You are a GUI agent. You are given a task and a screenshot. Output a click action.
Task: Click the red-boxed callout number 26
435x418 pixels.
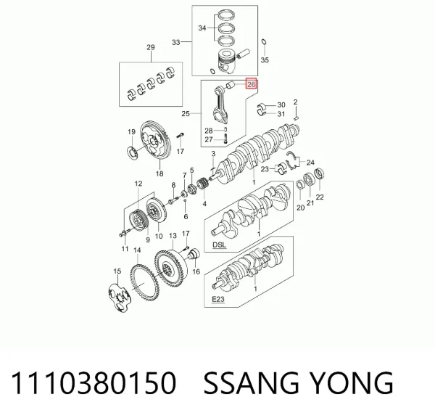click(x=251, y=84)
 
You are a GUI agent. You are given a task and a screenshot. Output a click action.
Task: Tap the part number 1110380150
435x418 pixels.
click(x=94, y=382)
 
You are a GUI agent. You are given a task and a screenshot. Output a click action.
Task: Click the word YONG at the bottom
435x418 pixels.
click(x=351, y=382)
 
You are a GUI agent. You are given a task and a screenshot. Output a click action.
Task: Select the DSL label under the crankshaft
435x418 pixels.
click(x=219, y=245)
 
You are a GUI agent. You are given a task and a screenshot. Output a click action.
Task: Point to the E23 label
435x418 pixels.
click(x=218, y=299)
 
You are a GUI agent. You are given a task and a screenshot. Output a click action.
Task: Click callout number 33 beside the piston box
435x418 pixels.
click(x=176, y=42)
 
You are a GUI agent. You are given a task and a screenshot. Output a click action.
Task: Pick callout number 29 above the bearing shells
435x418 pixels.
click(x=151, y=47)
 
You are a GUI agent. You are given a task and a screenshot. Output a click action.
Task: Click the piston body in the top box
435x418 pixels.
click(x=227, y=62)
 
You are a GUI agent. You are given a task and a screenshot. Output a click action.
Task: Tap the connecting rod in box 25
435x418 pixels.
click(x=222, y=104)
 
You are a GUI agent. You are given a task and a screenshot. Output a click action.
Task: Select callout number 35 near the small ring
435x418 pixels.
click(x=265, y=60)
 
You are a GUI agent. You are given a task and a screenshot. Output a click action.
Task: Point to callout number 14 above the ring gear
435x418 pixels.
click(x=137, y=250)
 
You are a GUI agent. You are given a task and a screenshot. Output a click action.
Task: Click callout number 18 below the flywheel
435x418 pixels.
click(x=159, y=174)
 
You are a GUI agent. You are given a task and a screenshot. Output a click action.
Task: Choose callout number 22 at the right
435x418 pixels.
click(x=320, y=197)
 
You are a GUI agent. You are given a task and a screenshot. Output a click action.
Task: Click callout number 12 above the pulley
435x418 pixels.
click(x=138, y=184)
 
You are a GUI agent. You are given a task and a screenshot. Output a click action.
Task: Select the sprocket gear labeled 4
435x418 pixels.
click(x=202, y=185)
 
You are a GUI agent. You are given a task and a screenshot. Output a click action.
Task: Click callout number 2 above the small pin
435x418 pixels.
click(x=296, y=102)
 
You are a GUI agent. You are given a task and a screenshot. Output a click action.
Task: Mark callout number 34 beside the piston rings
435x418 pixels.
click(x=202, y=28)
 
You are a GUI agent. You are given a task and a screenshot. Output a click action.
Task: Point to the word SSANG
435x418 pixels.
click(x=252, y=382)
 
